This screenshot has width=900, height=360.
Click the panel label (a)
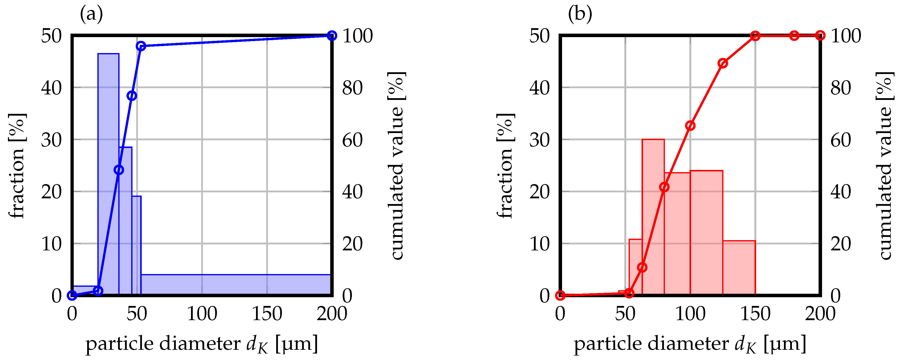tap(92, 14)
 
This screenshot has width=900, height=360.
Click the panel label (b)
tap(580, 14)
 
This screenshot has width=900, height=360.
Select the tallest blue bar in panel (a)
tap(108, 175)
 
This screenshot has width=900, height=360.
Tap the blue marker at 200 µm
tap(332, 36)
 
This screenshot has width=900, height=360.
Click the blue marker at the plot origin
tap(72, 295)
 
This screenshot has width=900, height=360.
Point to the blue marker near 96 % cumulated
tap(141, 46)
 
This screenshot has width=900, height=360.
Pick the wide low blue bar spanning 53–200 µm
tap(236, 285)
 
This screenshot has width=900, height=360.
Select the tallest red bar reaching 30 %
tap(653, 217)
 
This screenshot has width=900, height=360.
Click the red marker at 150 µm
tap(755, 36)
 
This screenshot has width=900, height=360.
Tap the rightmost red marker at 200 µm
tap(820, 36)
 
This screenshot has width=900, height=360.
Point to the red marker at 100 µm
tap(690, 126)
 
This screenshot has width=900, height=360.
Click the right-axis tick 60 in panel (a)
tap(352, 140)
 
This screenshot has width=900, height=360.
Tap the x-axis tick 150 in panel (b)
tap(755, 313)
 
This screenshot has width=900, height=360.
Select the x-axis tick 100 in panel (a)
tap(202, 313)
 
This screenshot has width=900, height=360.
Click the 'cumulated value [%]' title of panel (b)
tap(885, 166)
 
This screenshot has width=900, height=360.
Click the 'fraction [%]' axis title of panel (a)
tap(16, 166)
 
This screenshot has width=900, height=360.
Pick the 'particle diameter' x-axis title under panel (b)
tap(690, 344)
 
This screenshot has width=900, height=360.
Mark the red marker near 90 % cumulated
tap(723, 63)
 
